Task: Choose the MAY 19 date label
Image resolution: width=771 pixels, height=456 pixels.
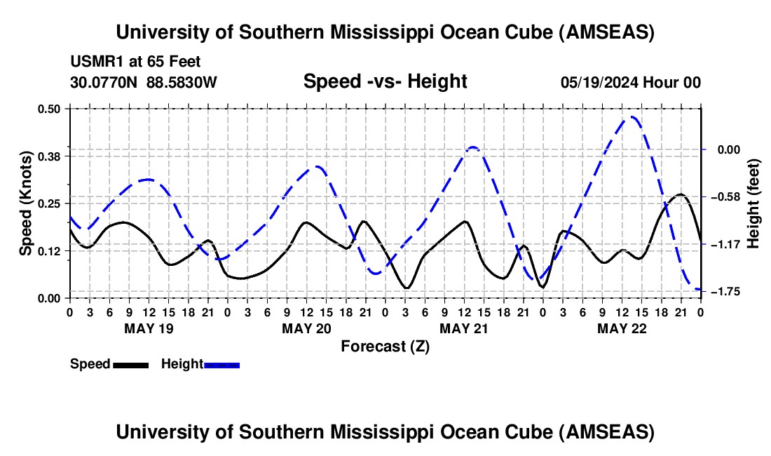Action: point(149,328)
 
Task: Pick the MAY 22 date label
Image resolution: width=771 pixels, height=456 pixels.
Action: point(622,328)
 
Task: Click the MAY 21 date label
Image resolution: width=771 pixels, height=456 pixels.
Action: point(464,328)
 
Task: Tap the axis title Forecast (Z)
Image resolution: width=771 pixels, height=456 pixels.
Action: point(385,346)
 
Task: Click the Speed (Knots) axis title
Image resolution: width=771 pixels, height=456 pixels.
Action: point(25,203)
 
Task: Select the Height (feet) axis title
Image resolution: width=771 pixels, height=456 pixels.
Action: point(754,203)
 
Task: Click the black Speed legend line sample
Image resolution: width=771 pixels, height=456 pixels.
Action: point(130,364)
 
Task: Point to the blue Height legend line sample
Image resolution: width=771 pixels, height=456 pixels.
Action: point(221,364)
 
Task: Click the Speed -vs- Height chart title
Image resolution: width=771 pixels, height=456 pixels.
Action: point(385,81)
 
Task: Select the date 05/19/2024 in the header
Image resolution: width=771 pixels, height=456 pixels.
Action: point(600,83)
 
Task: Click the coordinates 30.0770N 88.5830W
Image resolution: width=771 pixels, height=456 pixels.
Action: point(144,83)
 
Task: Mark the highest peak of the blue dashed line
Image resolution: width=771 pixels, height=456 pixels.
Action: point(631,117)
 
